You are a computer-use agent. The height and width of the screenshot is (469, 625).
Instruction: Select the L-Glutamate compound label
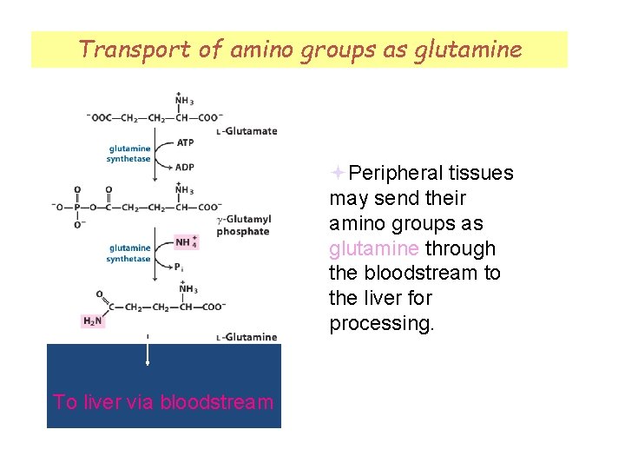tap(247, 132)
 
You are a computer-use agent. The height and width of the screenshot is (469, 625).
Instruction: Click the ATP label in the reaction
tap(185, 142)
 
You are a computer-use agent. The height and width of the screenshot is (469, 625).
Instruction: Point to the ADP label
tap(185, 167)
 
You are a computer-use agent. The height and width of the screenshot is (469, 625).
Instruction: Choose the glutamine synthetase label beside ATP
tap(128, 154)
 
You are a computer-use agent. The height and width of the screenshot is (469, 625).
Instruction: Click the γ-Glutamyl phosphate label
tap(244, 226)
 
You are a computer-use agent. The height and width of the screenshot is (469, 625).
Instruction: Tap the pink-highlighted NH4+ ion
tap(186, 242)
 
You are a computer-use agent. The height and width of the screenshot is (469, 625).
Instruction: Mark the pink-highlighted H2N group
tap(91, 321)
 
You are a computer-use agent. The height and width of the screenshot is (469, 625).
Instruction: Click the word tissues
tap(481, 174)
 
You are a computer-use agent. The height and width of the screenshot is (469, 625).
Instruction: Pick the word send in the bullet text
tap(396, 199)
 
